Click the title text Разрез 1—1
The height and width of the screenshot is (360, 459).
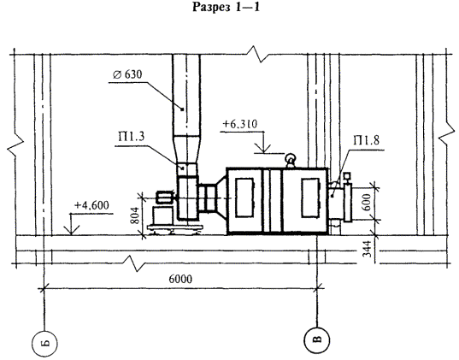click(226, 8)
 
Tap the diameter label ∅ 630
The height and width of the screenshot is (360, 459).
click(127, 74)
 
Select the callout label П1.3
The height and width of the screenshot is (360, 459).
click(131, 137)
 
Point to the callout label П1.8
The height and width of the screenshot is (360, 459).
click(366, 140)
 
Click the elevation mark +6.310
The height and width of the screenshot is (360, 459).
click(240, 124)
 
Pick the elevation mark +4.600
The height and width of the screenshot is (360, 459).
click(91, 205)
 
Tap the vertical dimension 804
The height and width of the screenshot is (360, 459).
click(135, 215)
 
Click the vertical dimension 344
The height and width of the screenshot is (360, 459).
click(367, 249)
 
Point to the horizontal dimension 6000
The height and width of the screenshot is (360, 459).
click(180, 279)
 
